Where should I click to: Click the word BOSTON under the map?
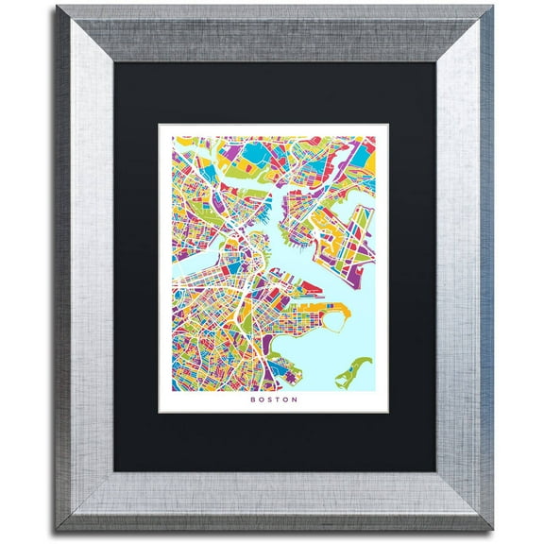pos(274,399)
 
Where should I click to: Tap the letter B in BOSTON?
pos(253,399)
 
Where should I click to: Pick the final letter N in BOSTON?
pos(296,399)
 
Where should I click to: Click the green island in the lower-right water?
pos(355,371)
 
